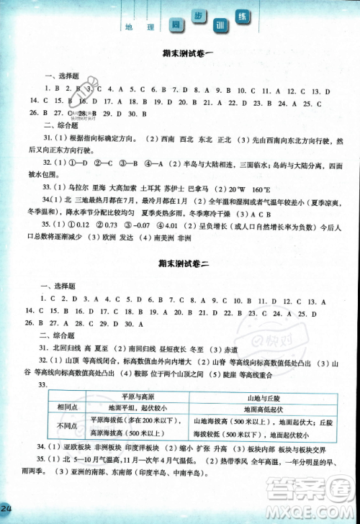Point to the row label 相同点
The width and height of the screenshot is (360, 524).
pyautogui.click(x=63, y=406)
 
